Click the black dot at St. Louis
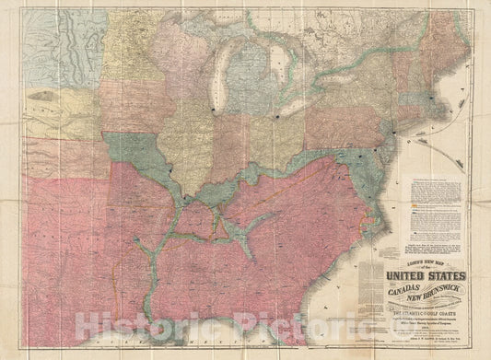183,195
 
